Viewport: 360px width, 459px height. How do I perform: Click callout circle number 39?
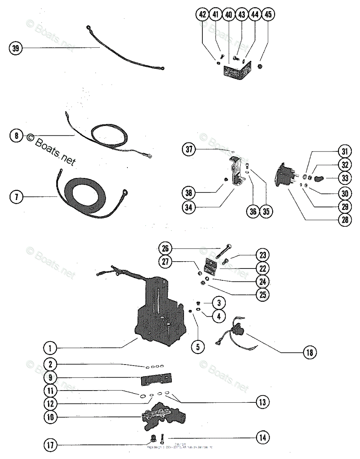[x=15, y=48]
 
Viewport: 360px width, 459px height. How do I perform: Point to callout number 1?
[x=49, y=348]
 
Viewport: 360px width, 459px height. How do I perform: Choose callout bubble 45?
[x=268, y=15]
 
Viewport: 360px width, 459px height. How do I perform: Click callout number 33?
[x=345, y=178]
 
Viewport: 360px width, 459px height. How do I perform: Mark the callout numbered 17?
[x=50, y=445]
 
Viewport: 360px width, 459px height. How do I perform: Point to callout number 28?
[x=345, y=220]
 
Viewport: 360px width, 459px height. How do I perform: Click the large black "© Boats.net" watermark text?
[x=50, y=149]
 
